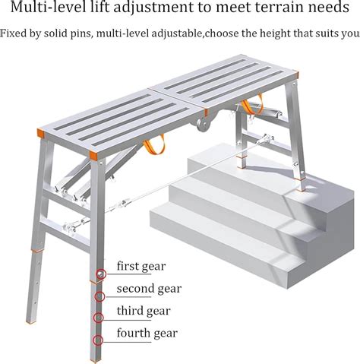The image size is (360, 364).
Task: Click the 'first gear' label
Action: point(141,267)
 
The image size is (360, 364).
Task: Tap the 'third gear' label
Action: point(143,311)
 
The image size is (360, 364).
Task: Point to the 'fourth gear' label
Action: point(147,333)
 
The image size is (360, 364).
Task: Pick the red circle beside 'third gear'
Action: point(97,317)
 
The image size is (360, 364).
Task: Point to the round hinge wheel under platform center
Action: point(202,121)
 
